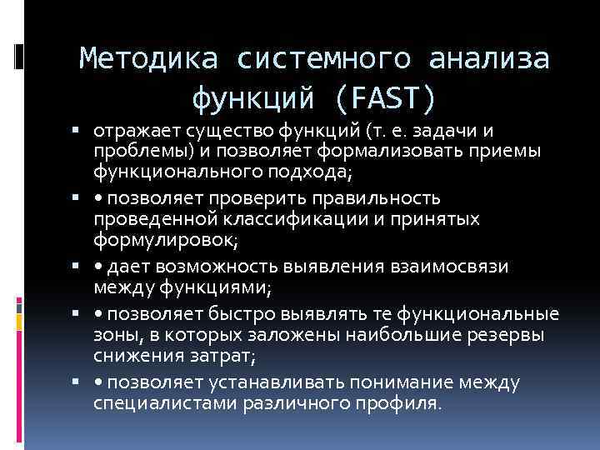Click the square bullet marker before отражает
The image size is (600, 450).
tap(77, 131)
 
